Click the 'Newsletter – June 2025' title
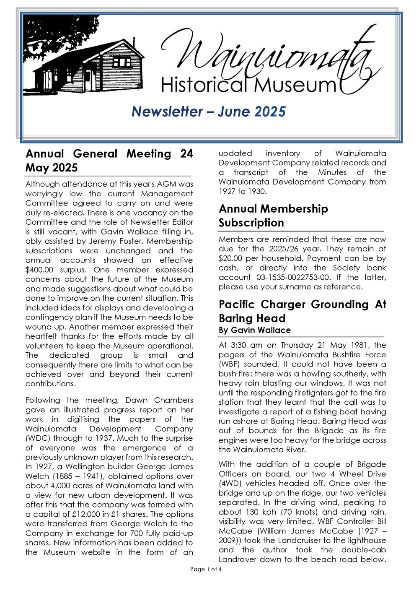tap(208, 112)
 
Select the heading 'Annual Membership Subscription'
tap(273, 216)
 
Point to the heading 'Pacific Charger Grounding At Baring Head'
tap(302, 311)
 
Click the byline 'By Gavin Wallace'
tap(254, 330)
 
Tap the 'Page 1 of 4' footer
tap(205, 569)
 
